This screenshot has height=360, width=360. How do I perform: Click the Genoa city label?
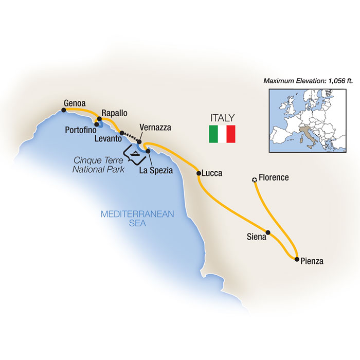coord(74,103)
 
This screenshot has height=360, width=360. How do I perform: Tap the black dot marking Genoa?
coord(64,109)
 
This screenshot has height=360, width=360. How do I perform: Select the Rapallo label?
coord(114,113)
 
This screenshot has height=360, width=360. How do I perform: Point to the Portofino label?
coord(80,130)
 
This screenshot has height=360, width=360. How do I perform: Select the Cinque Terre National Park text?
coord(98,165)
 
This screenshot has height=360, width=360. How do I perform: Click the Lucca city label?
coord(212,173)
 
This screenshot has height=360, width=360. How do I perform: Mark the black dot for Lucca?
coord(199,174)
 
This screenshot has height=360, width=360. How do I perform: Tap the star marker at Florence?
coord(254,180)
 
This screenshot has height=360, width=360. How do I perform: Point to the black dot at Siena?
coord(267,232)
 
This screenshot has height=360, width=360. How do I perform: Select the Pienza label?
coord(312,261)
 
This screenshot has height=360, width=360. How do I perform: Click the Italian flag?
coord(222,134)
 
